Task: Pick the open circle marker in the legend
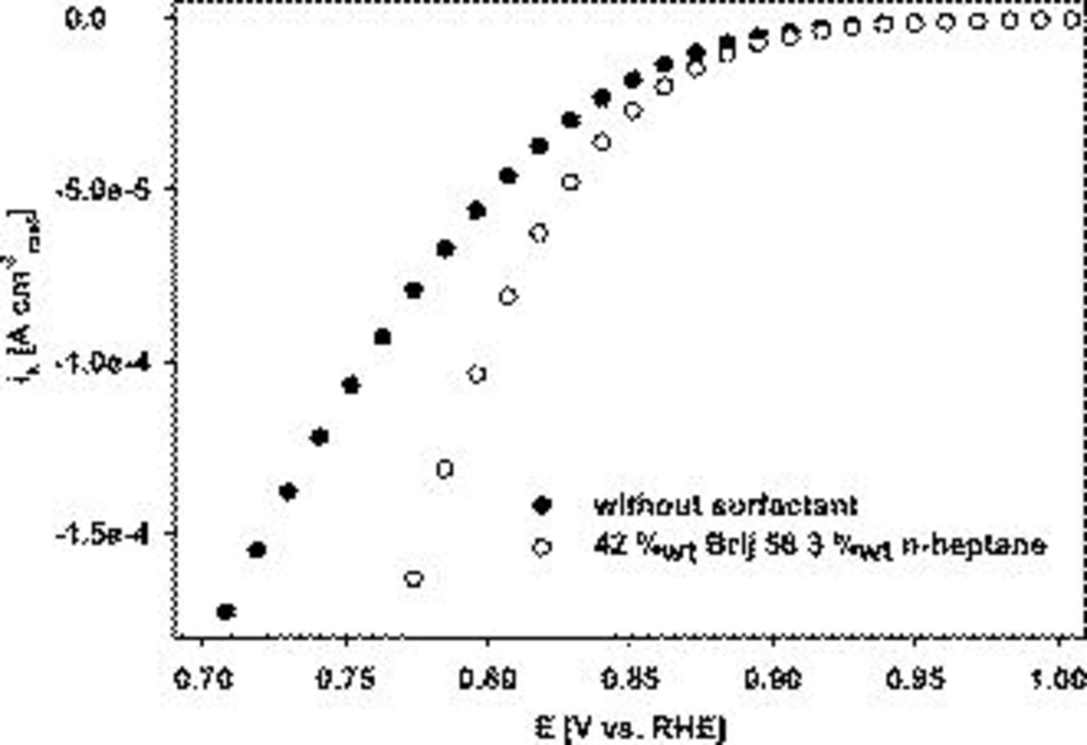click(542, 547)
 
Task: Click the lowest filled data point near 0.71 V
click(226, 612)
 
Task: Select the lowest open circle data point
click(414, 579)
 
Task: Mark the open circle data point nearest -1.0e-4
click(477, 374)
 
